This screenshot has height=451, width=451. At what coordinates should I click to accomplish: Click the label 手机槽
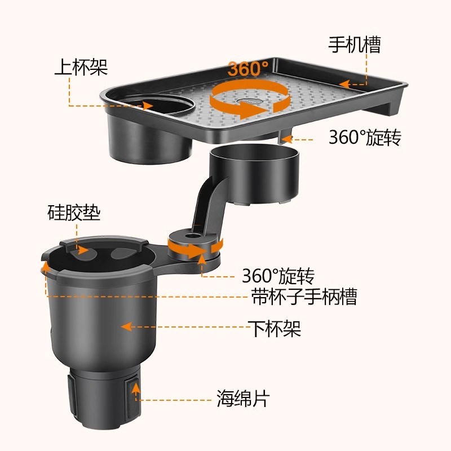(355, 44)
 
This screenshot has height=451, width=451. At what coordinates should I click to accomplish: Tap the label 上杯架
(81, 67)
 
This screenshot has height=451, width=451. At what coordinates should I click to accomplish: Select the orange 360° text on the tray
(249, 69)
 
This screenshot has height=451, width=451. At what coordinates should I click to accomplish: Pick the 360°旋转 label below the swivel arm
(277, 276)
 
